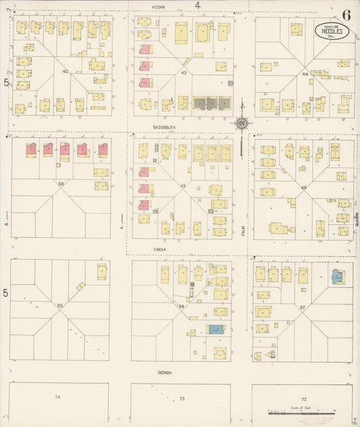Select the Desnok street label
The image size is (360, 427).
pos(165,372)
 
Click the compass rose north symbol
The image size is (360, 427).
pos(241,123)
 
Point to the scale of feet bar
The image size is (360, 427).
pos(301,410)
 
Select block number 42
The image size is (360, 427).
pos(66,71)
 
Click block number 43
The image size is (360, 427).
pos(183,72)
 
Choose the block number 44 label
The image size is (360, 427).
pos(305,74)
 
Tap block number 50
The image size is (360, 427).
pos(61,184)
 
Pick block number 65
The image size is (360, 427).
pos(60,305)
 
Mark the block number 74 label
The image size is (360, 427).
pos(57,397)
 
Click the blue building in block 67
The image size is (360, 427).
pos(337,276)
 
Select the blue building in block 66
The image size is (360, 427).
pos(215,329)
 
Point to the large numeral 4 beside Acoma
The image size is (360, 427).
pos(198,5)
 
